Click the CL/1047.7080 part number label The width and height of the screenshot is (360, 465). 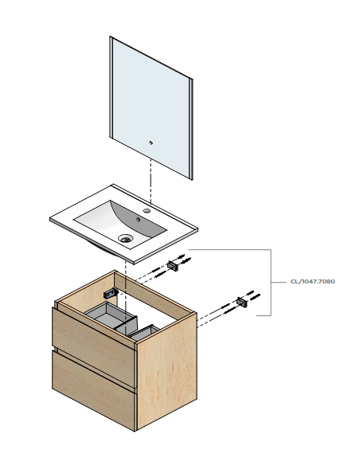tap(312, 281)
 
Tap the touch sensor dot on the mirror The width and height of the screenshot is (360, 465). tap(151, 143)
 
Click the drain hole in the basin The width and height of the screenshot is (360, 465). tap(125, 238)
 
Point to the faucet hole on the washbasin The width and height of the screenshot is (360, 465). tap(147, 211)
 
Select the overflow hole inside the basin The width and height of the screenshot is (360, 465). tap(138, 220)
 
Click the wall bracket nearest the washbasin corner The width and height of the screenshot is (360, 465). tap(173, 265)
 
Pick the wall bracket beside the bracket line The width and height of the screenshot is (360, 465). tap(242, 303)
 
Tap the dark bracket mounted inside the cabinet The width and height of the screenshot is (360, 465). tap(111, 294)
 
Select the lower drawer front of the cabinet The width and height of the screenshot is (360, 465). tap(94, 390)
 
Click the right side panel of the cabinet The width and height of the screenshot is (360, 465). tap(167, 371)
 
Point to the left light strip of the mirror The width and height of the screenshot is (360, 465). tap(112, 88)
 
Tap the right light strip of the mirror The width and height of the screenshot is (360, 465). tap(191, 129)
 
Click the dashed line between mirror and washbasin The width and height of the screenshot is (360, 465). tap(151, 182)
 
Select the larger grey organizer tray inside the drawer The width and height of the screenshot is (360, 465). tap(112, 315)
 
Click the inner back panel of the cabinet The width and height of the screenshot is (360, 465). tap(155, 295)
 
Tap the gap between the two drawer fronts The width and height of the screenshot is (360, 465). tap(94, 369)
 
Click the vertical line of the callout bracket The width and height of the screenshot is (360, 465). tap(271, 283)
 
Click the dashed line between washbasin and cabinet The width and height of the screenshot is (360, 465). tap(126, 291)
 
